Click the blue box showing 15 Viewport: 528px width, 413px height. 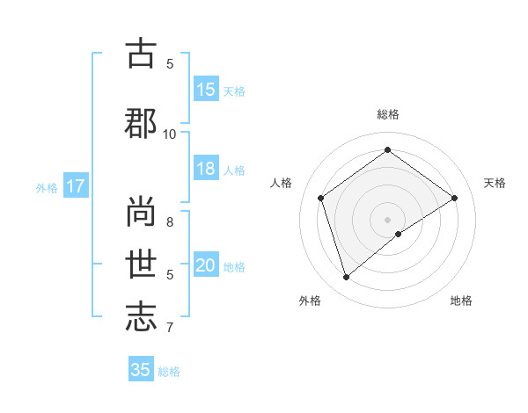206,90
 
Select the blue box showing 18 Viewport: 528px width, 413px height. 206,169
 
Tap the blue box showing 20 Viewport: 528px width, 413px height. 206,265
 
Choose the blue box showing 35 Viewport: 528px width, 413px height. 141,370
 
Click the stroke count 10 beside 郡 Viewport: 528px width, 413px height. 170,134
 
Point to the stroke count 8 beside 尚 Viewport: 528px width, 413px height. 170,211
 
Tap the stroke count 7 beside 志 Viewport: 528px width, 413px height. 170,328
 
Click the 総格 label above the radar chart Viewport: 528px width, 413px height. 388,114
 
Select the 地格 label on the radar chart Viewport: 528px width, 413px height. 461,301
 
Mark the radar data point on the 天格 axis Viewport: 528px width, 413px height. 454,198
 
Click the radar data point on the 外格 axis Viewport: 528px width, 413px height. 347,278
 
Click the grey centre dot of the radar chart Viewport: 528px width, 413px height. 388,219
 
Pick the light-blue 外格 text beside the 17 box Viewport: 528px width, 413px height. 47,187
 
